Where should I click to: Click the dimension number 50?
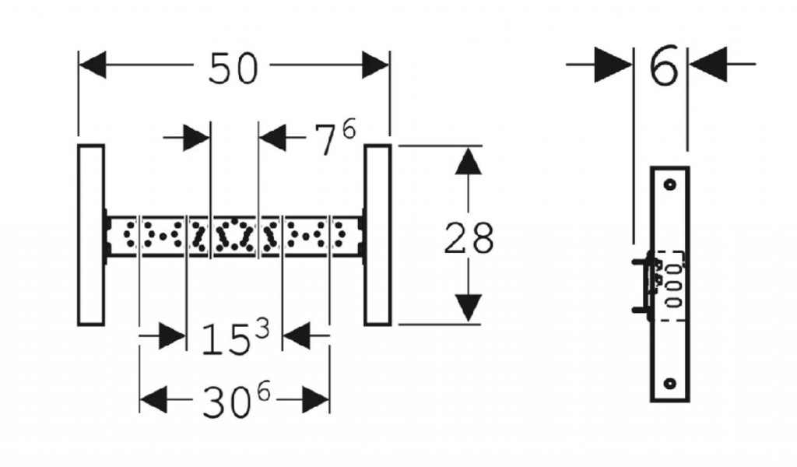(x=232, y=68)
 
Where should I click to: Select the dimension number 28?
(x=469, y=238)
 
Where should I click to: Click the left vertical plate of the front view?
(x=91, y=234)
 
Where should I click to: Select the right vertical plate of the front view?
(x=377, y=234)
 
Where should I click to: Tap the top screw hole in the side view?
(x=669, y=185)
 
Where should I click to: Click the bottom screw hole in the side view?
(x=669, y=383)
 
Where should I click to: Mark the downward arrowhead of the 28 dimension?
(x=467, y=307)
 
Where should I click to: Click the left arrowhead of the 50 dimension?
(x=92, y=65)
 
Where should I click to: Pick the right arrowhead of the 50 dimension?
(x=375, y=65)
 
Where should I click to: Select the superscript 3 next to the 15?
(x=262, y=328)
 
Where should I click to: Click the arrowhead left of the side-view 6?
(x=614, y=65)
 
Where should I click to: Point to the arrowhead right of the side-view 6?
(x=708, y=64)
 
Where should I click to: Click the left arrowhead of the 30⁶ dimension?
(x=153, y=400)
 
